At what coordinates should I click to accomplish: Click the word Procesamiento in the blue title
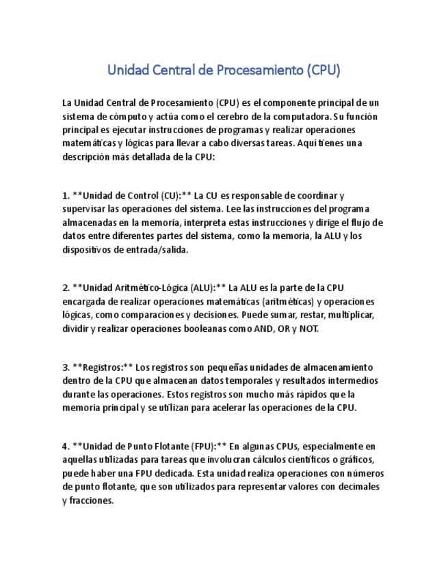(259, 70)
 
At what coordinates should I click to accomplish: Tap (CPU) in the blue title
(323, 70)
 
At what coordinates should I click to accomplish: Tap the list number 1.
(65, 196)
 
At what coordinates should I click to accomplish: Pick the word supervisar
(85, 209)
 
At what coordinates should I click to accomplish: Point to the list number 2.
(65, 288)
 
